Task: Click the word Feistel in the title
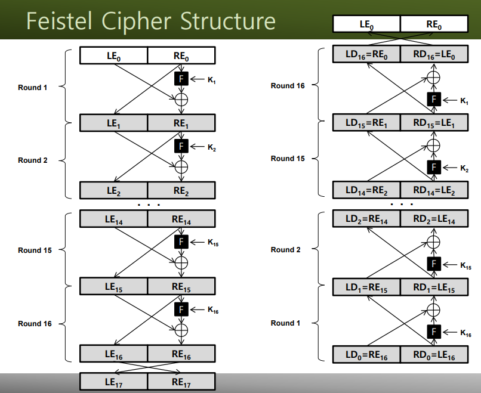point(59,21)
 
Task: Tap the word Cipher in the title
point(136,21)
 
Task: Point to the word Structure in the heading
point(227,21)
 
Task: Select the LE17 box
point(113,382)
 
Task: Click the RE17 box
point(181,382)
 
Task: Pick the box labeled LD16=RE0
point(366,54)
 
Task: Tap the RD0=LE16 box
point(434,355)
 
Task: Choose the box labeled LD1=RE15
point(366,287)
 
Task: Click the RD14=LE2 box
point(434,190)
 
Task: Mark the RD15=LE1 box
point(434,123)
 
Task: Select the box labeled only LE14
point(113,219)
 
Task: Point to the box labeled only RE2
point(181,190)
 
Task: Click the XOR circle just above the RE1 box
point(181,100)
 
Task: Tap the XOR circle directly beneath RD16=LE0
point(433,78)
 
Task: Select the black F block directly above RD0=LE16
point(434,332)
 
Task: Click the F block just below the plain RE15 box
point(181,310)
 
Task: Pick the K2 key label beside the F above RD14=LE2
point(464,168)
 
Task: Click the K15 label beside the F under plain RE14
point(213,243)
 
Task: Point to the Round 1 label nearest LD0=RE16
point(285,323)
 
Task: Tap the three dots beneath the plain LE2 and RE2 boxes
point(149,205)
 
